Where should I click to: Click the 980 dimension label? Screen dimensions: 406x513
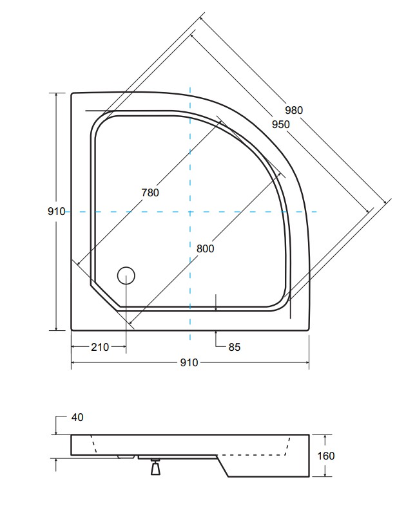(294, 110)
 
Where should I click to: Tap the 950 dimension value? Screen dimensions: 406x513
(281, 124)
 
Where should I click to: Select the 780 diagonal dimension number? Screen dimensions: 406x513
(150, 192)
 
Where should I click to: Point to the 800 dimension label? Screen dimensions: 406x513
(205, 248)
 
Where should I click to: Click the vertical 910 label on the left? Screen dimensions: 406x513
(56, 211)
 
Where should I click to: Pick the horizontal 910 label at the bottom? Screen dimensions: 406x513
(189, 362)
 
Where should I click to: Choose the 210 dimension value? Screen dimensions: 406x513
(100, 347)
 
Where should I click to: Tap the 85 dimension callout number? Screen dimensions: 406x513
(235, 347)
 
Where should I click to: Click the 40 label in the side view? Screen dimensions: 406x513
(77, 417)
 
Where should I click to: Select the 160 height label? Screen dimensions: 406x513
(325, 456)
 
